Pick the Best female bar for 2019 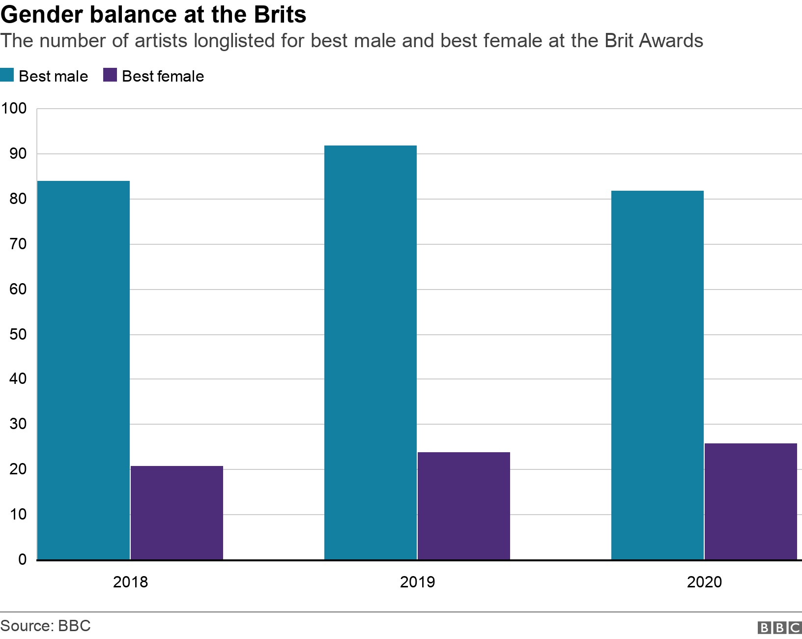[x=464, y=506]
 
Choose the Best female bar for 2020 [x=751, y=501]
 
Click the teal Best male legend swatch [x=7, y=76]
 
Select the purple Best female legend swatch [x=110, y=76]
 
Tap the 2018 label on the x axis [x=130, y=582]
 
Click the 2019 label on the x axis [x=417, y=582]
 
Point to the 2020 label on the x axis [x=704, y=582]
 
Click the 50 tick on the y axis [x=18, y=334]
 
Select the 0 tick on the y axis [x=22, y=559]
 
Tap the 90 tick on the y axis [x=18, y=154]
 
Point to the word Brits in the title [x=280, y=16]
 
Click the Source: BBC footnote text [x=46, y=626]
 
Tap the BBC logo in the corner [x=779, y=628]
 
